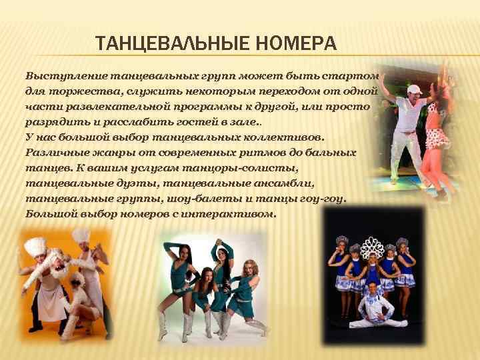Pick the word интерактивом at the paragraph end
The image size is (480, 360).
(236, 214)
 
